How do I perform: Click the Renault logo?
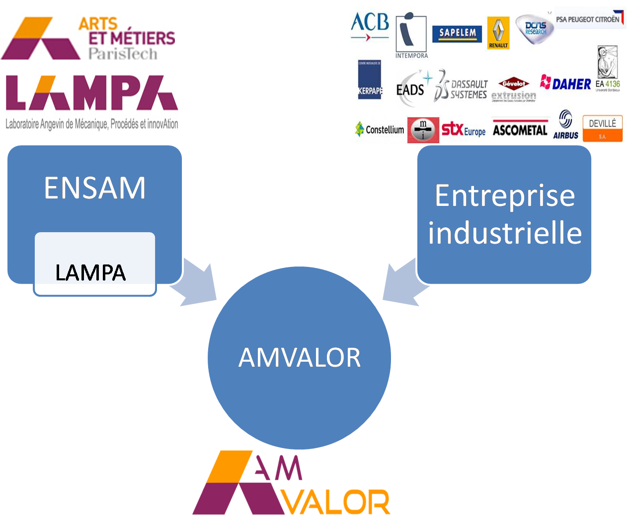coord(498,33)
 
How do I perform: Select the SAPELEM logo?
coord(457,33)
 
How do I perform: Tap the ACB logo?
coord(370,27)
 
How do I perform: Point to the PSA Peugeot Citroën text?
coord(588,19)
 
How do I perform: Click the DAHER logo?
coord(566,83)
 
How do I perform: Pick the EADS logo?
coord(410,89)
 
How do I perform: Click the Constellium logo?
coord(380,129)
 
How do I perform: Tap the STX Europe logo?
coord(463,130)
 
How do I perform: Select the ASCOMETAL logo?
coord(520,130)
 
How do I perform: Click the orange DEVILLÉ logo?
coord(602,129)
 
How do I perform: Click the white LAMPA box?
coord(94,264)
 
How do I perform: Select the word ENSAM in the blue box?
coord(95,188)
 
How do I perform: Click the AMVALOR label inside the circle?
coord(300,357)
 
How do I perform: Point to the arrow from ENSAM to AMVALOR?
coord(198,283)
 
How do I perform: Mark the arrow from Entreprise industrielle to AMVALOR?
coord(401,283)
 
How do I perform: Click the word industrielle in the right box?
coord(505,233)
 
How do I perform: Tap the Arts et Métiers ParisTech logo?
coord(88,31)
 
